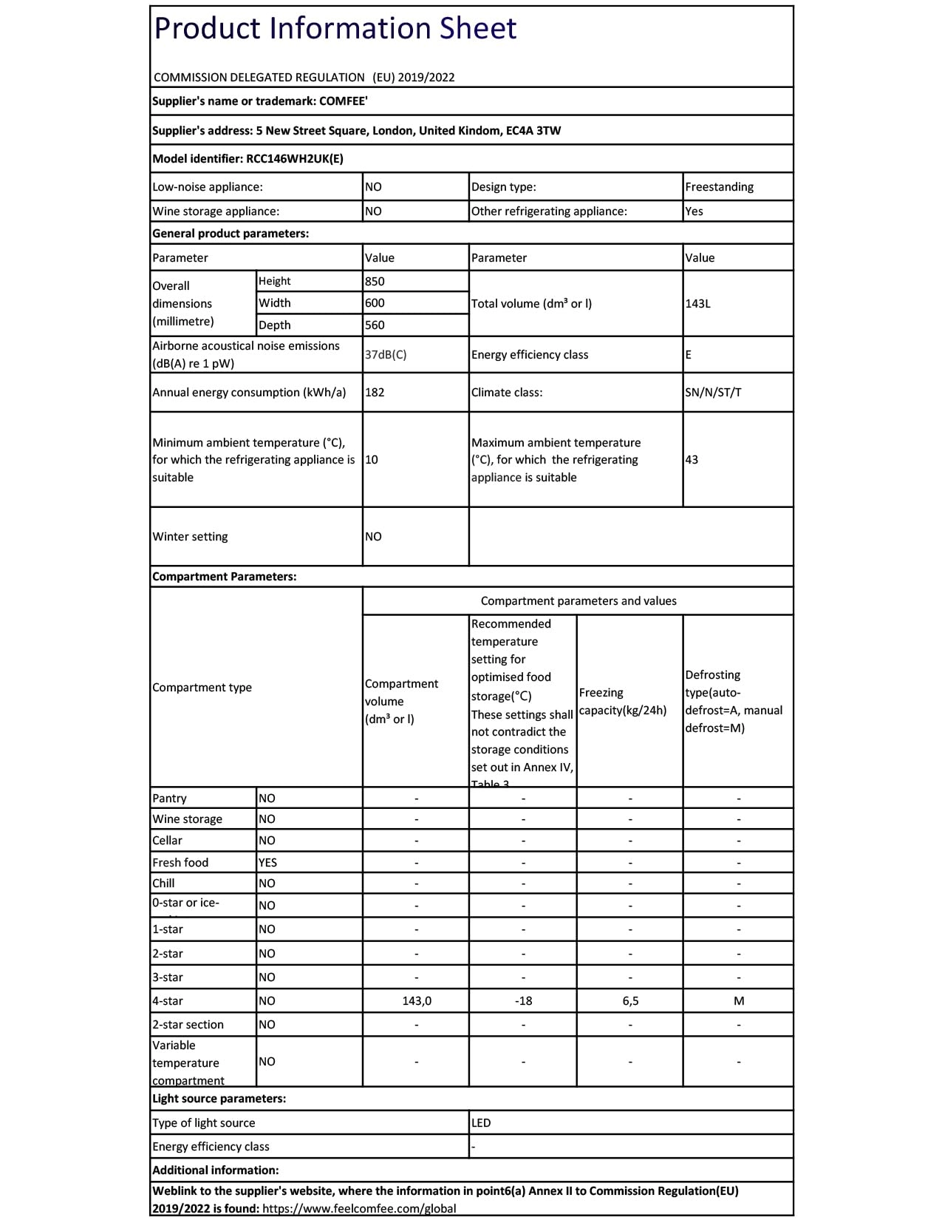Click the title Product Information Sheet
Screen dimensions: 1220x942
(x=335, y=29)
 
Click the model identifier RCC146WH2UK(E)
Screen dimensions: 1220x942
(x=294, y=158)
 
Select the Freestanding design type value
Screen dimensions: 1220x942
(x=719, y=187)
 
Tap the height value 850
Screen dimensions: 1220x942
(x=375, y=281)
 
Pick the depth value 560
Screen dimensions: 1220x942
(x=375, y=325)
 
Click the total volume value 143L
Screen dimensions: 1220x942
(x=697, y=303)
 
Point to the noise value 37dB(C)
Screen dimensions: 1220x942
(x=386, y=354)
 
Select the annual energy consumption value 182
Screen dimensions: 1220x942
(x=375, y=392)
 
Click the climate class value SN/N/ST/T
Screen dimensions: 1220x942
(x=713, y=392)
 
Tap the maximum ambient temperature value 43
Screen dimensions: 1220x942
(x=692, y=459)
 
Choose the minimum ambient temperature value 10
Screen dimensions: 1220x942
(x=372, y=459)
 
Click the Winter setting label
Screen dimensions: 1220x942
(x=190, y=536)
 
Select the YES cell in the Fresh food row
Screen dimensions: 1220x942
(x=267, y=862)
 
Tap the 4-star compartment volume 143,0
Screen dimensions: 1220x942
(x=417, y=1000)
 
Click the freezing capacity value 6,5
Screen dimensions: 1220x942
(x=630, y=1000)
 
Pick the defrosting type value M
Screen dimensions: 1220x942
(x=739, y=1000)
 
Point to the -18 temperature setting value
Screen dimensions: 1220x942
(x=523, y=1000)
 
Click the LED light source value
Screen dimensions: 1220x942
(x=481, y=1122)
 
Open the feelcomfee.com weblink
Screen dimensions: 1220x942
(x=359, y=1208)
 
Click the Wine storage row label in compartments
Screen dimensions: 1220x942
(x=187, y=819)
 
